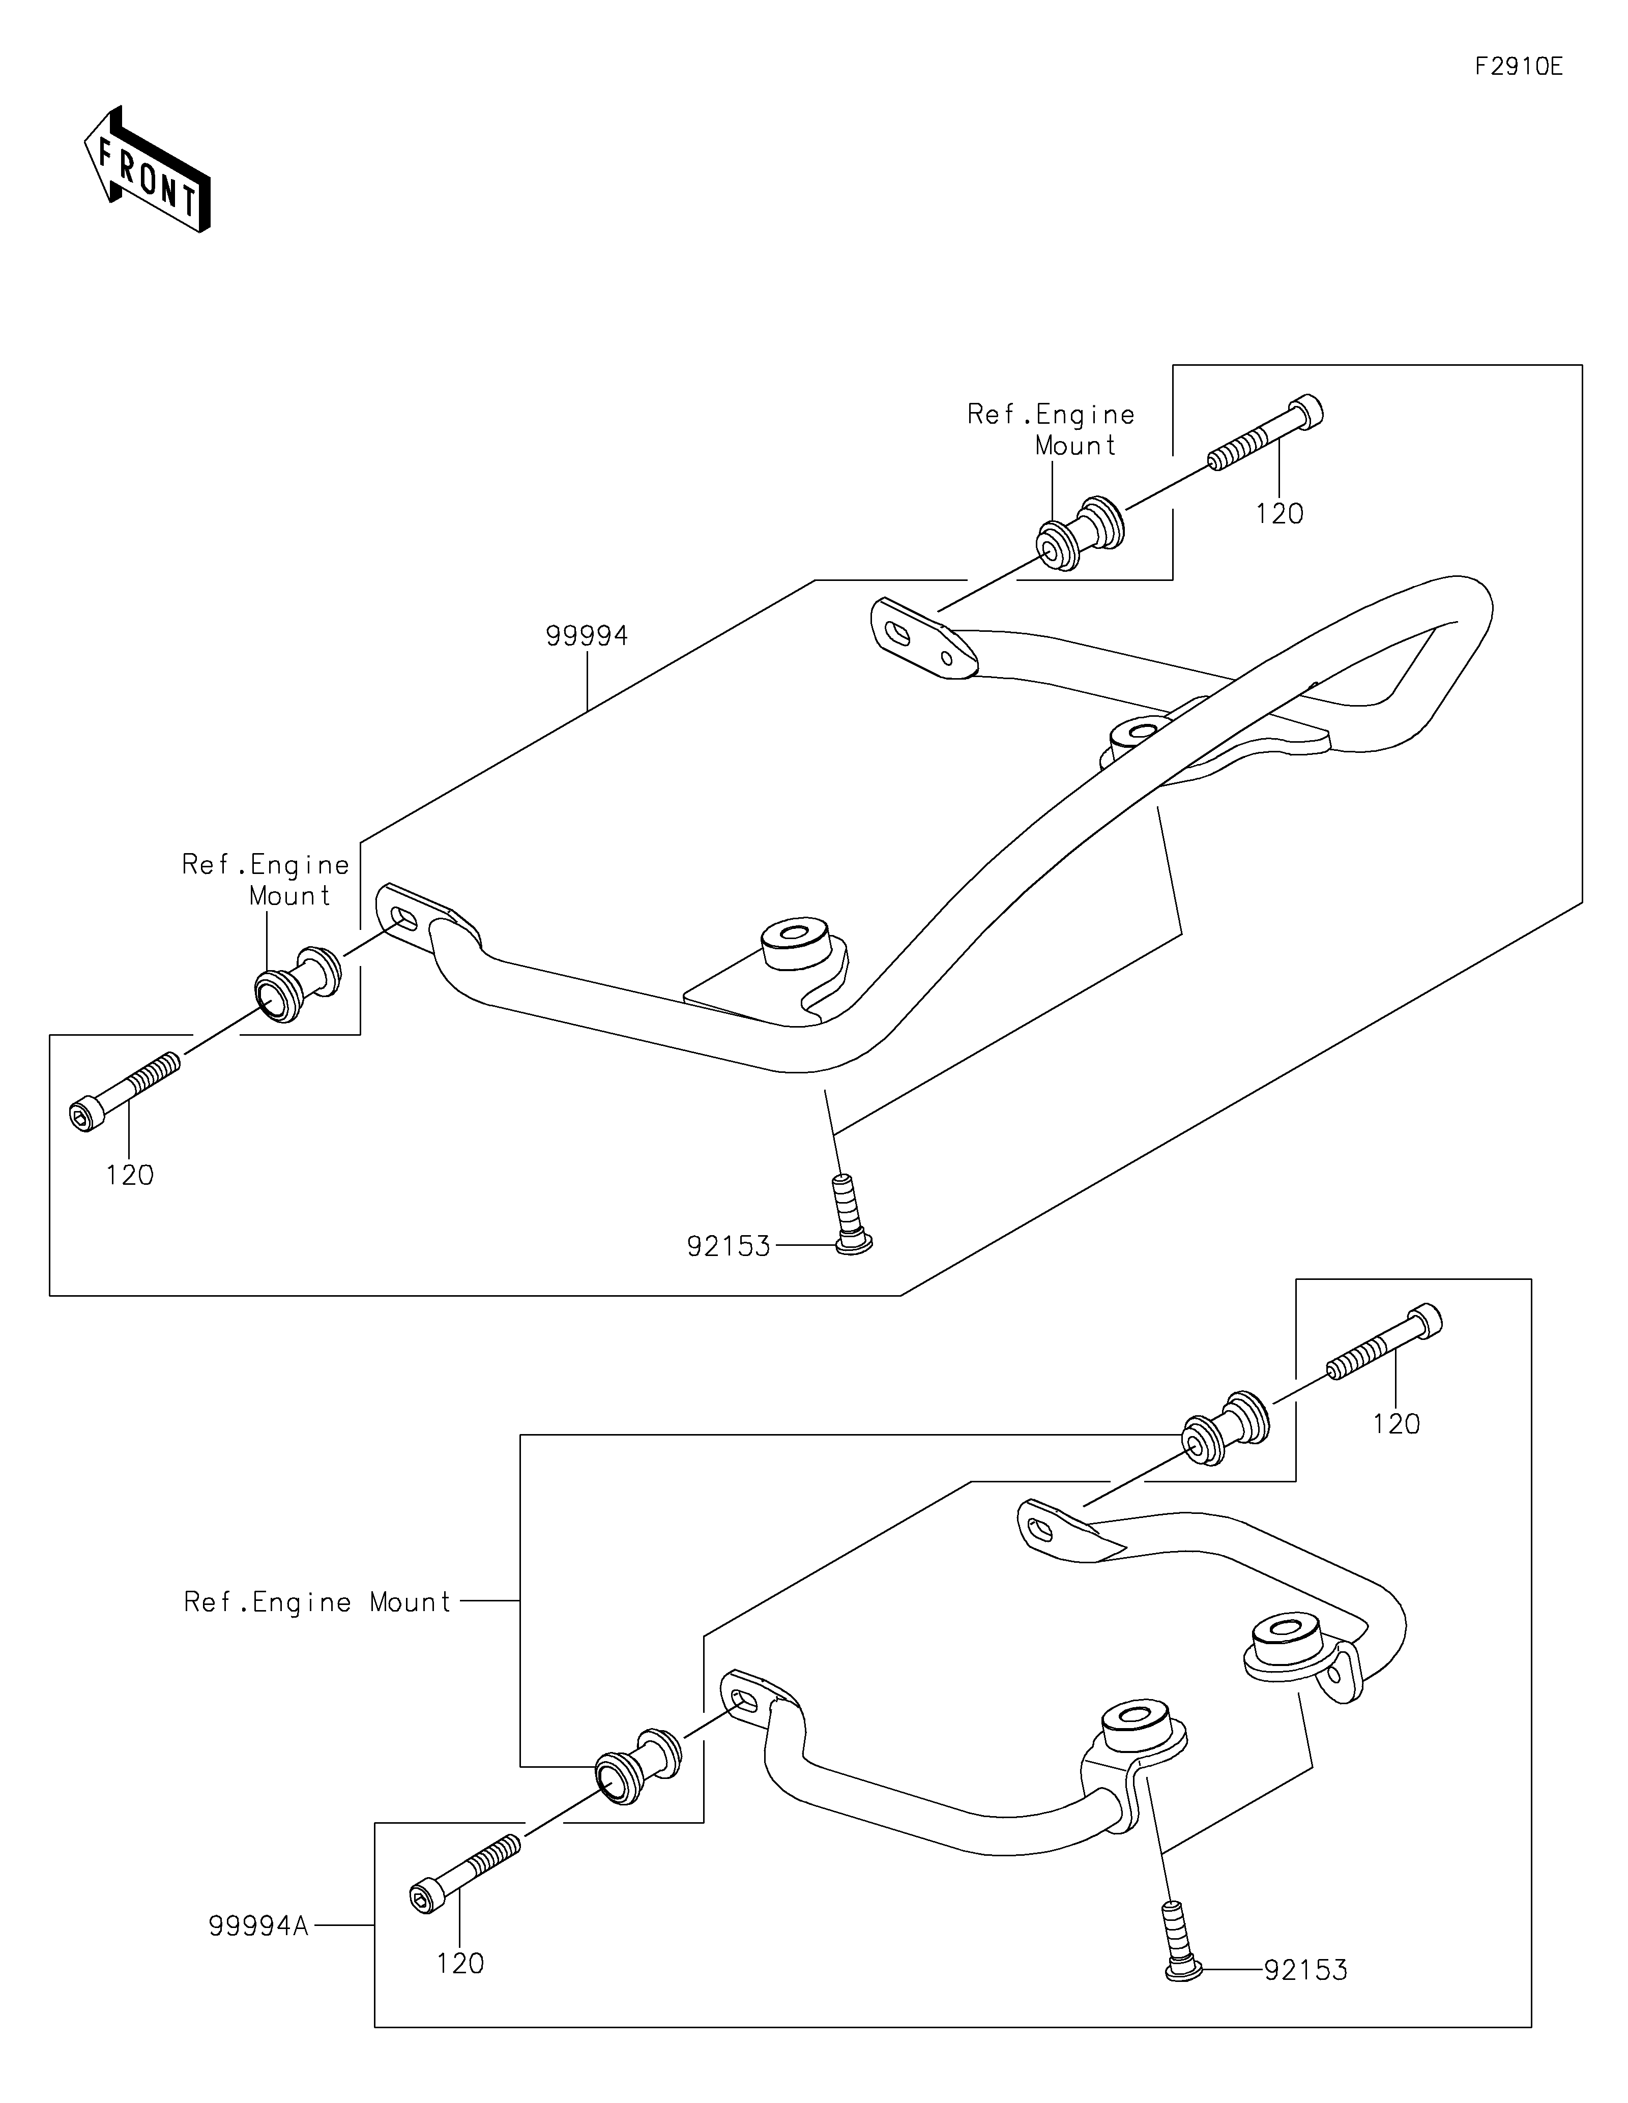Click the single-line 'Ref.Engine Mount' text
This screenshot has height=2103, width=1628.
[x=317, y=1602]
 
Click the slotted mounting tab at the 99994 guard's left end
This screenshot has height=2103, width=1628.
[x=424, y=915]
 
